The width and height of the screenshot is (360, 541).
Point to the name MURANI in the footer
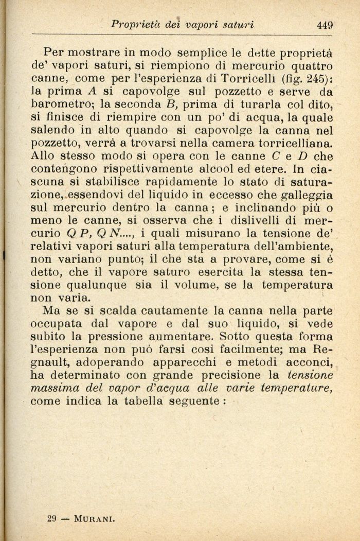(95, 518)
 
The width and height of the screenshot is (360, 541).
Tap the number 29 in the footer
(51, 518)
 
